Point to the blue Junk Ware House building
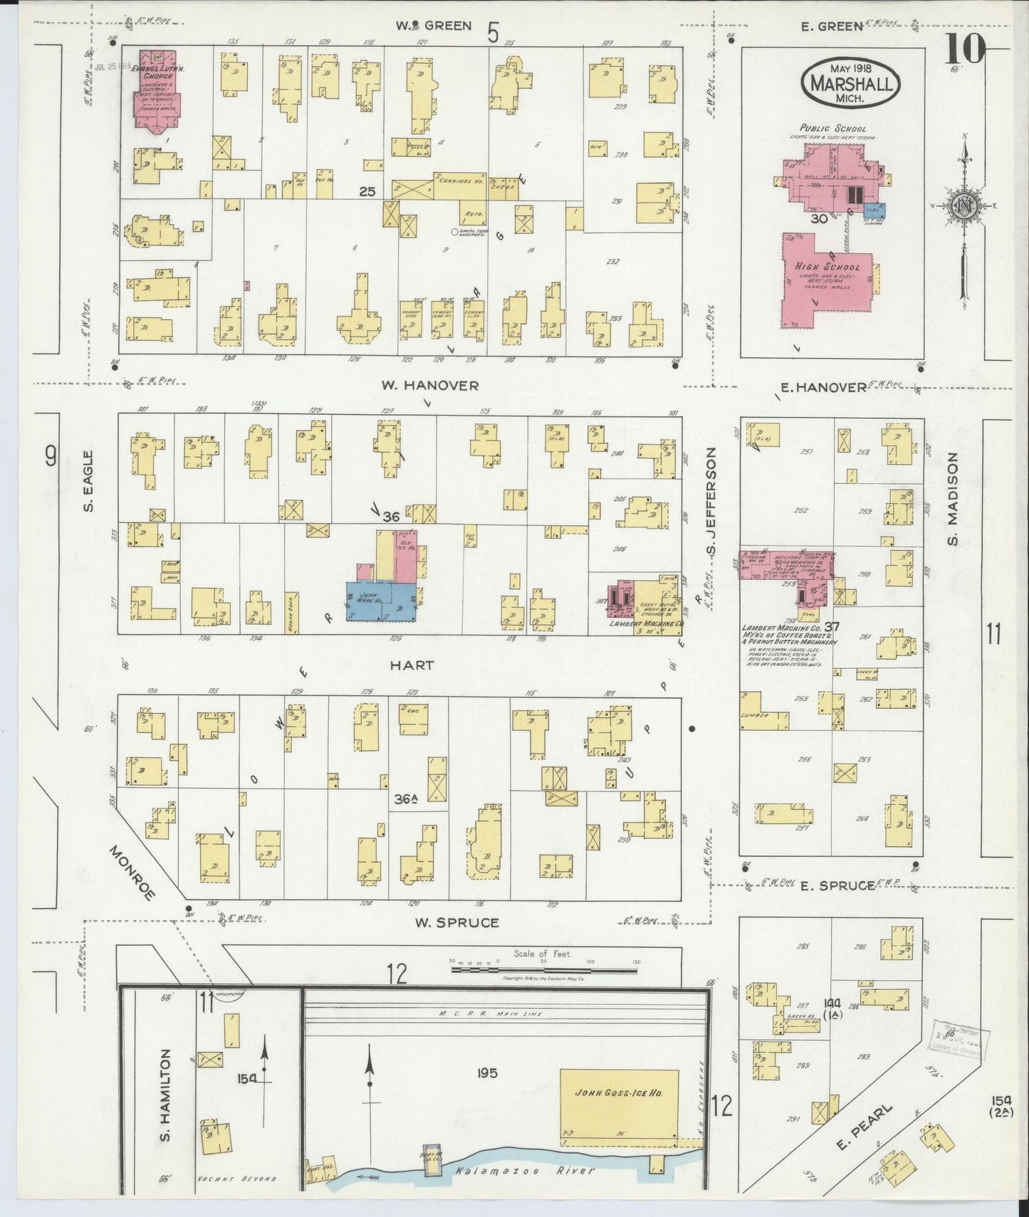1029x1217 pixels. click(381, 601)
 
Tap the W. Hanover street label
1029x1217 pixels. click(429, 385)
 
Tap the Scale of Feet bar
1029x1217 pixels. click(545, 962)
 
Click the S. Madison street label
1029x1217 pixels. click(953, 499)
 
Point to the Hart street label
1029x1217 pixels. click(412, 665)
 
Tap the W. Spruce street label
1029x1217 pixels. click(456, 922)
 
